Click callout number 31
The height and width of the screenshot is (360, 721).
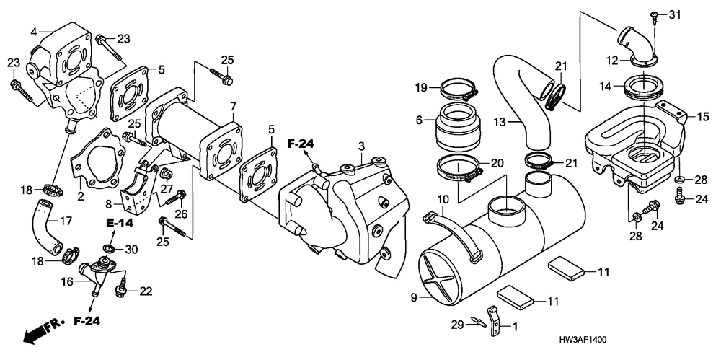tap(674, 15)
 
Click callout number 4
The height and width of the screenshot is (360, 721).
tap(34, 31)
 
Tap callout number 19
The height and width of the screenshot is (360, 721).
tap(421, 88)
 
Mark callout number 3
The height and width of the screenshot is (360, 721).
tap(360, 147)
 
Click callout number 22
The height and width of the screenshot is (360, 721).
tap(146, 291)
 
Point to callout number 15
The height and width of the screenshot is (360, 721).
tap(701, 116)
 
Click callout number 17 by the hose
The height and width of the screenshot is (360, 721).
tap(64, 221)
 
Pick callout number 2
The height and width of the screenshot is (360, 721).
tap(81, 196)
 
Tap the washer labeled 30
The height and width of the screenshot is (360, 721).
tap(108, 250)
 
